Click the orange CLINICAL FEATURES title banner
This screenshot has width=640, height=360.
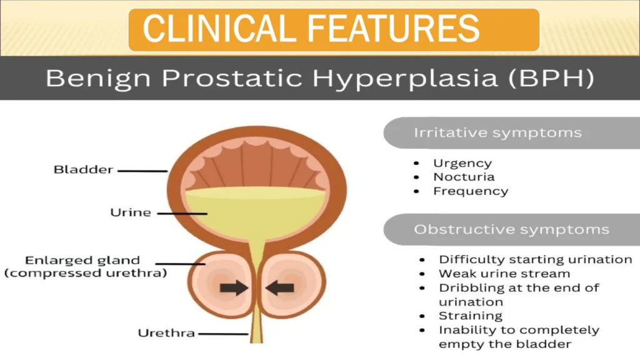pyautogui.click(x=334, y=29)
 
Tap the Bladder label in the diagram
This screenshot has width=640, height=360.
pyautogui.click(x=83, y=169)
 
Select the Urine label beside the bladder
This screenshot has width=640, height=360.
pyautogui.click(x=130, y=212)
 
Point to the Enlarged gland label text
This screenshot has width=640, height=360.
pyautogui.click(x=82, y=261)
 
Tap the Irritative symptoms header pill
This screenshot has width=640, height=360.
pyautogui.click(x=497, y=133)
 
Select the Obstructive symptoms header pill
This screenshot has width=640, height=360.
pyautogui.click(x=511, y=229)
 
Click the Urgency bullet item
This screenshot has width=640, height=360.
pyautogui.click(x=462, y=163)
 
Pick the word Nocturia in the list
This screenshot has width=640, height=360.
pyautogui.click(x=464, y=177)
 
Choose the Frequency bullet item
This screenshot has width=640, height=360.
pyautogui.click(x=471, y=191)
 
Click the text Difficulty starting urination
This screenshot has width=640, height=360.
pyautogui.click(x=535, y=259)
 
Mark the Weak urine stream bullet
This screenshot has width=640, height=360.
pyautogui.click(x=504, y=274)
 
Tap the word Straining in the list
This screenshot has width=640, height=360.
pyautogui.click(x=470, y=316)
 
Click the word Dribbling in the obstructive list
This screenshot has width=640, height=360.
pyautogui.click(x=469, y=288)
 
